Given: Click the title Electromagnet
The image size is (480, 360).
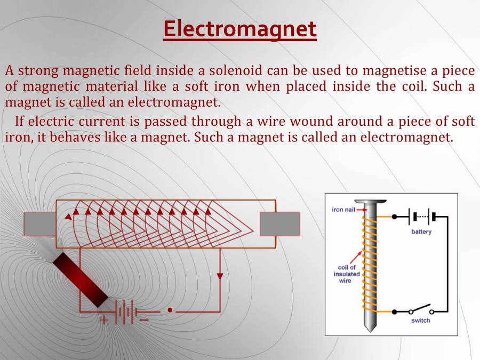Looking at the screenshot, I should point(240,29).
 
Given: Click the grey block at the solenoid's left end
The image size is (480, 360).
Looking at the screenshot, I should point(40,223).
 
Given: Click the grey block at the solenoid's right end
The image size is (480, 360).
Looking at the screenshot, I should point(279,223).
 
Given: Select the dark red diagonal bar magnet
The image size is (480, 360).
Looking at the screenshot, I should point(81,279).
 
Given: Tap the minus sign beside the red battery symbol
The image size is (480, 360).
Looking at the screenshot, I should point(144,320).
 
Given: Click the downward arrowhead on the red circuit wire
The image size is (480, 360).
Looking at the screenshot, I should point(220,276).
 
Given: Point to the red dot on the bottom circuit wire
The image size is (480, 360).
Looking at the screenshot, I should point(170,310).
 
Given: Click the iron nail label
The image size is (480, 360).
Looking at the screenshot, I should point(343,210).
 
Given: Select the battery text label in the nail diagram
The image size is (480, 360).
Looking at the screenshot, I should point(421,232).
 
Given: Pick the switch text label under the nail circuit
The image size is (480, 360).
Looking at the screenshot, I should point(420,321).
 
